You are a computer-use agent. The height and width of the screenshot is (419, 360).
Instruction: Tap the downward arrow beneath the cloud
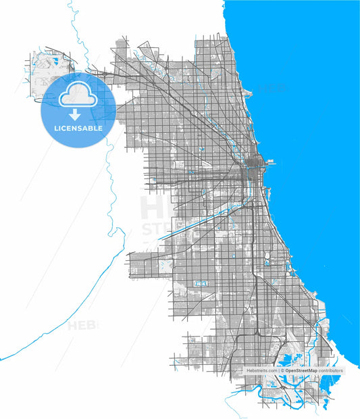(75, 115)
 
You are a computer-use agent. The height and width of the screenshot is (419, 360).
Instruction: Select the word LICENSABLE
(75, 128)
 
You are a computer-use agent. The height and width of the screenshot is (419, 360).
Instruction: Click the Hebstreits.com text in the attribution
(262, 371)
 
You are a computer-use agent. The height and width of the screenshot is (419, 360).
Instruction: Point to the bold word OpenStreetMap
(301, 371)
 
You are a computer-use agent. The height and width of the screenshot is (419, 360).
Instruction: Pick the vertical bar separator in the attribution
(278, 371)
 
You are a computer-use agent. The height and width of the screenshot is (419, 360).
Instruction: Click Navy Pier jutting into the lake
(272, 162)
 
